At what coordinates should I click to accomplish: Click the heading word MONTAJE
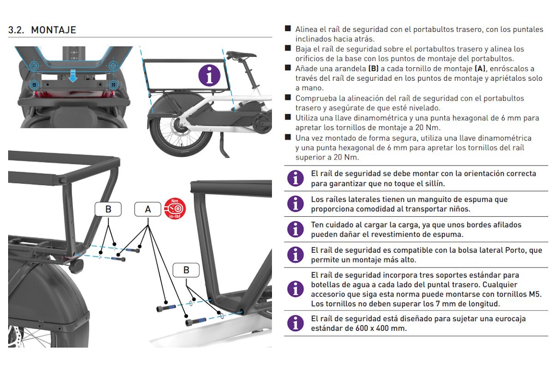click(54, 30)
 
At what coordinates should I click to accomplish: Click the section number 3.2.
click(18, 30)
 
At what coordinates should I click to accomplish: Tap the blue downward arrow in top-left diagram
click(73, 75)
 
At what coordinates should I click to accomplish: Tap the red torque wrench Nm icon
click(175, 208)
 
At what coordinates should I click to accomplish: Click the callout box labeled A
click(148, 209)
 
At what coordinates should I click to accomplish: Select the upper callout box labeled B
click(108, 209)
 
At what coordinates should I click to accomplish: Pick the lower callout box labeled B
click(186, 270)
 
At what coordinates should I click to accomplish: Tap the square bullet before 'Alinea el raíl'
click(288, 29)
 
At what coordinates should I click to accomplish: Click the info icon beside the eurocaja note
click(295, 323)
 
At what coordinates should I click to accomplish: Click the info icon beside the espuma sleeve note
click(295, 203)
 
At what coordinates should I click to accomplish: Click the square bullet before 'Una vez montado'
click(288, 137)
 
